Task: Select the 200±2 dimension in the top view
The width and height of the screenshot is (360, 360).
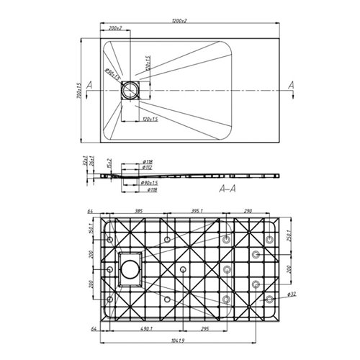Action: (x=114, y=28)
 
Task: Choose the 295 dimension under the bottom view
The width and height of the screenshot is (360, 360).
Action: (x=204, y=328)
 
